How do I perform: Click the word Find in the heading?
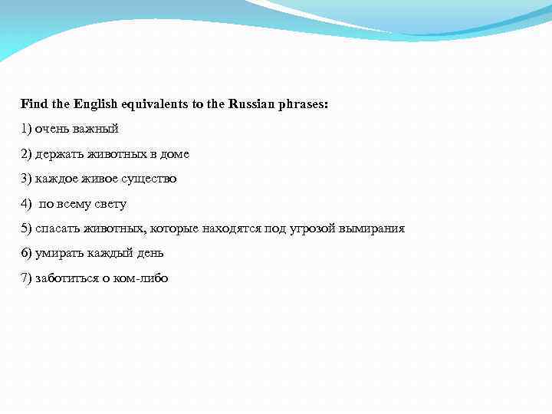(33, 103)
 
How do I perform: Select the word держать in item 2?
(58, 154)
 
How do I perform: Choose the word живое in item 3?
(101, 179)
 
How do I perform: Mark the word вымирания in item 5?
(373, 228)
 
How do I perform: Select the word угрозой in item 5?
(314, 228)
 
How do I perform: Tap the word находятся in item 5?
(234, 228)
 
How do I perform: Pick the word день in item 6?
(150, 253)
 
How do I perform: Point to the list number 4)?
(27, 204)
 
